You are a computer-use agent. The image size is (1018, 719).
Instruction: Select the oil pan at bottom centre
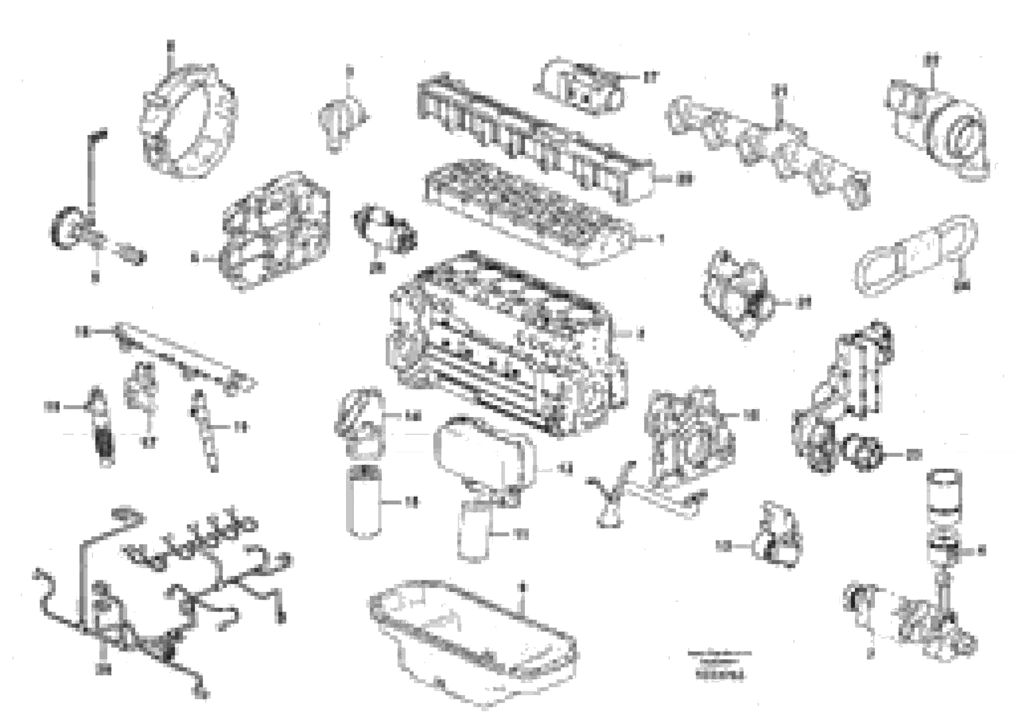(x=472, y=638)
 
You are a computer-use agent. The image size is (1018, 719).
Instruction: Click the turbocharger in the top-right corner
(x=936, y=129)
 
